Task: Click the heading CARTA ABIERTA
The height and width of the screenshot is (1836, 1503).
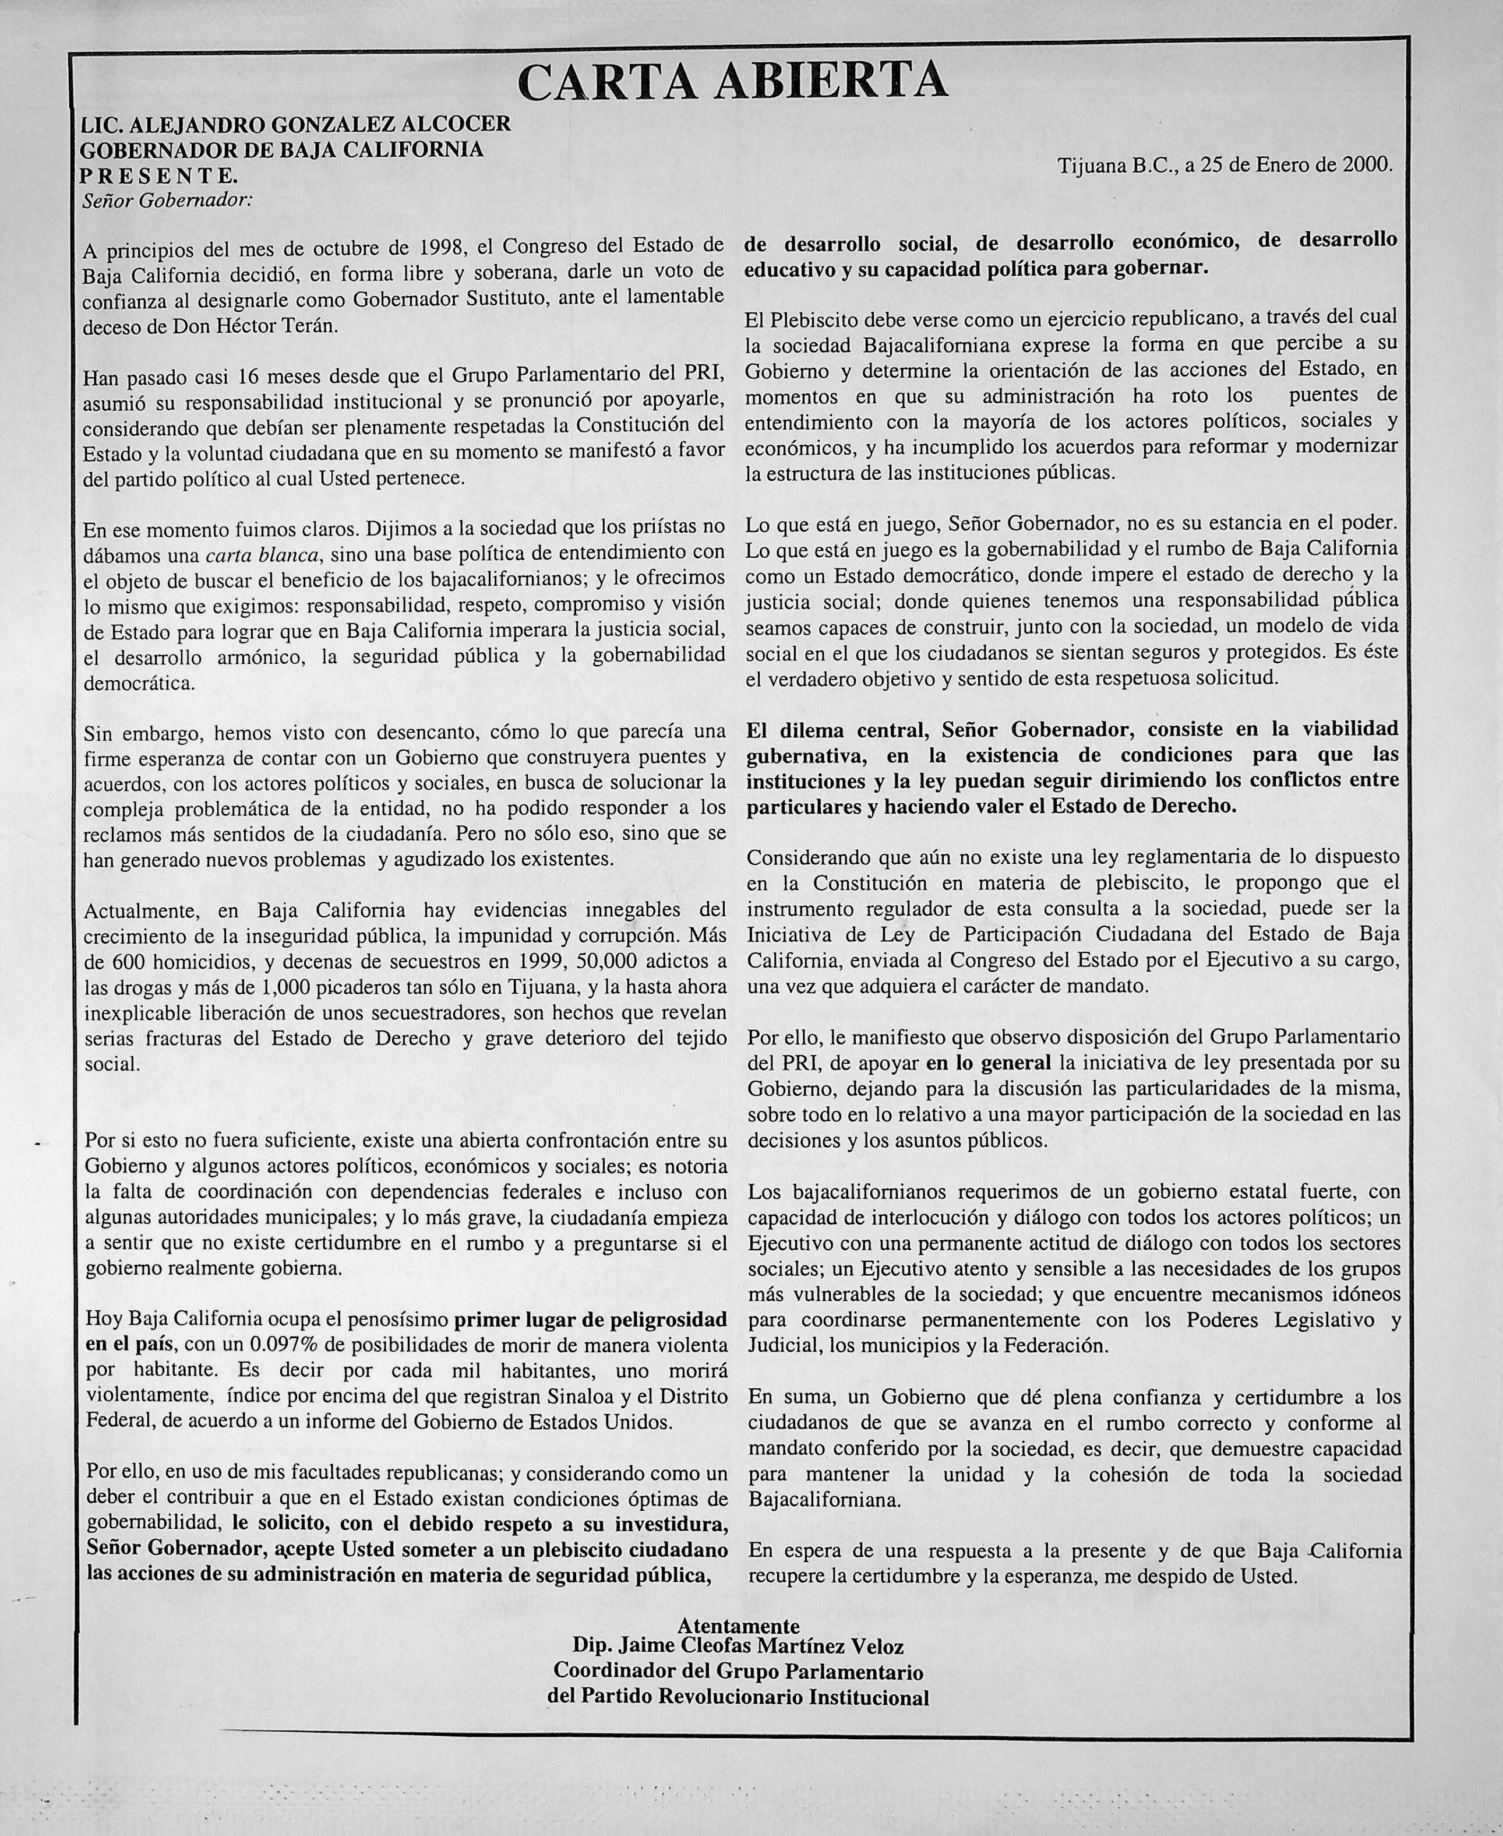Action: coord(732,80)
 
